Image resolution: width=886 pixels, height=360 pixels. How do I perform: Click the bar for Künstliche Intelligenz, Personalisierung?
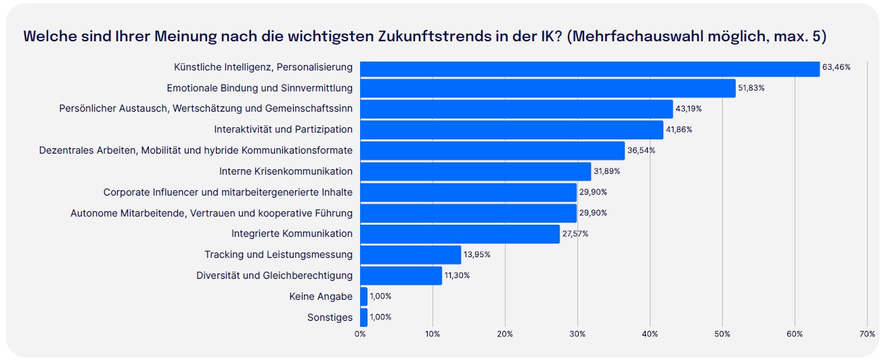point(589,67)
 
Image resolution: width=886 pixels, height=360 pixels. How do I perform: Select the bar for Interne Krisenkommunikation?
point(475,171)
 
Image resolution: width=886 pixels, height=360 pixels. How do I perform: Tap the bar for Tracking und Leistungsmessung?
point(410,254)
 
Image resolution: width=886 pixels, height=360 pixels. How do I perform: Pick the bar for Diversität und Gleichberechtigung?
point(401,275)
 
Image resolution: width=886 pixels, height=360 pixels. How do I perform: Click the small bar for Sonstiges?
point(363,317)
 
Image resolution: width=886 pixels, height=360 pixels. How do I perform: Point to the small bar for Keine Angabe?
point(363,296)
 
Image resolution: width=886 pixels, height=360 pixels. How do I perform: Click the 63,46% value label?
point(836,67)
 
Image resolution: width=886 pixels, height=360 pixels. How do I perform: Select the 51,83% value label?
point(751,88)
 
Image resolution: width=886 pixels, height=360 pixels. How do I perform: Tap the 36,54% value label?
point(641,150)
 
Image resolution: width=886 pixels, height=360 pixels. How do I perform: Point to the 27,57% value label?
point(576,233)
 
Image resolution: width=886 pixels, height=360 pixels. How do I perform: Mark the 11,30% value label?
point(457,275)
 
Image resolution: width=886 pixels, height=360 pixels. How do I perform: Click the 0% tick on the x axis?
point(360,334)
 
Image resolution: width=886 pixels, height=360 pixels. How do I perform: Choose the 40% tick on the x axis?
point(650,334)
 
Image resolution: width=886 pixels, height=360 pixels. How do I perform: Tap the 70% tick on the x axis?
point(867,334)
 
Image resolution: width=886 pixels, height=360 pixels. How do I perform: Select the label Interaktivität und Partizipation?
point(283,129)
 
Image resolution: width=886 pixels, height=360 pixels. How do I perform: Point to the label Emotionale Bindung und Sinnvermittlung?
point(259,88)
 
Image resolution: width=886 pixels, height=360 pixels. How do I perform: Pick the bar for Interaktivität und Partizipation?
point(512,129)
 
